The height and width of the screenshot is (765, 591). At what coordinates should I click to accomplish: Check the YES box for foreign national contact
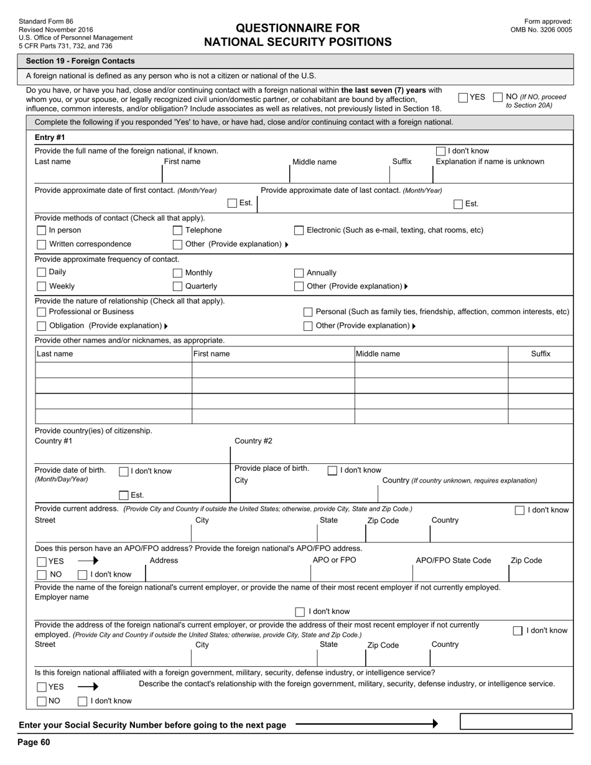(463, 98)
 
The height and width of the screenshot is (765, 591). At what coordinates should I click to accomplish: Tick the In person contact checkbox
(42, 231)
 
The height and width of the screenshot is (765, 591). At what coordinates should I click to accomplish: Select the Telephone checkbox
(177, 231)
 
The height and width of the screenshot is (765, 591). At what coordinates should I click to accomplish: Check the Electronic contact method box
(299, 231)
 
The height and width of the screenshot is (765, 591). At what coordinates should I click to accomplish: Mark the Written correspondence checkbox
(42, 244)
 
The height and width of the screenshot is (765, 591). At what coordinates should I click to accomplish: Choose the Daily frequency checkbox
(42, 272)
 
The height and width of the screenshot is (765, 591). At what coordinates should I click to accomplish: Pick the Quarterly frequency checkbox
(177, 287)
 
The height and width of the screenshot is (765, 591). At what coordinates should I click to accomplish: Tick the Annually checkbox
(299, 273)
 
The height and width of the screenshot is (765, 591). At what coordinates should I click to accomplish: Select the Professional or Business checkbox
(42, 312)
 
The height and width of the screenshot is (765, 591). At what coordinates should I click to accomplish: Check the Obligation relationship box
(42, 326)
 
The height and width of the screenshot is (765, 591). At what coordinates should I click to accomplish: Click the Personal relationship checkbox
(308, 312)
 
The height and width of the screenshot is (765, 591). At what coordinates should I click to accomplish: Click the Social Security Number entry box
(515, 721)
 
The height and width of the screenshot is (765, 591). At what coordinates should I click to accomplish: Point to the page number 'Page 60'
(34, 742)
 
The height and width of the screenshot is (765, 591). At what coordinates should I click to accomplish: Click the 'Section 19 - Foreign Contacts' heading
(80, 61)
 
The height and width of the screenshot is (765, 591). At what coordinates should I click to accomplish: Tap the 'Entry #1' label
(50, 137)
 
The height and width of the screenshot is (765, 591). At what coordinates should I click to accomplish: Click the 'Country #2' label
(253, 441)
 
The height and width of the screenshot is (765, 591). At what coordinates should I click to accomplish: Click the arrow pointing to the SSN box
(367, 724)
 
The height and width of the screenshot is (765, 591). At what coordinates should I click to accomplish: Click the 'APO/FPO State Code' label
(453, 560)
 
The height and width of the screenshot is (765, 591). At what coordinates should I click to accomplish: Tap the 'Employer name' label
(62, 597)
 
